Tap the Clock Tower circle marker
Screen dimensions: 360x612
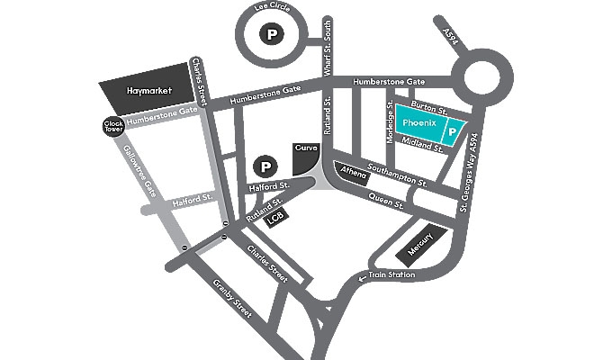click(x=112, y=127)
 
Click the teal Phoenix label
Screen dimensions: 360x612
click(x=418, y=121)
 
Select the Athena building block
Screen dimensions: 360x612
click(x=350, y=171)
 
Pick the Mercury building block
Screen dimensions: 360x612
click(x=420, y=242)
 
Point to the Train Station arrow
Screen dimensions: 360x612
click(x=363, y=278)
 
